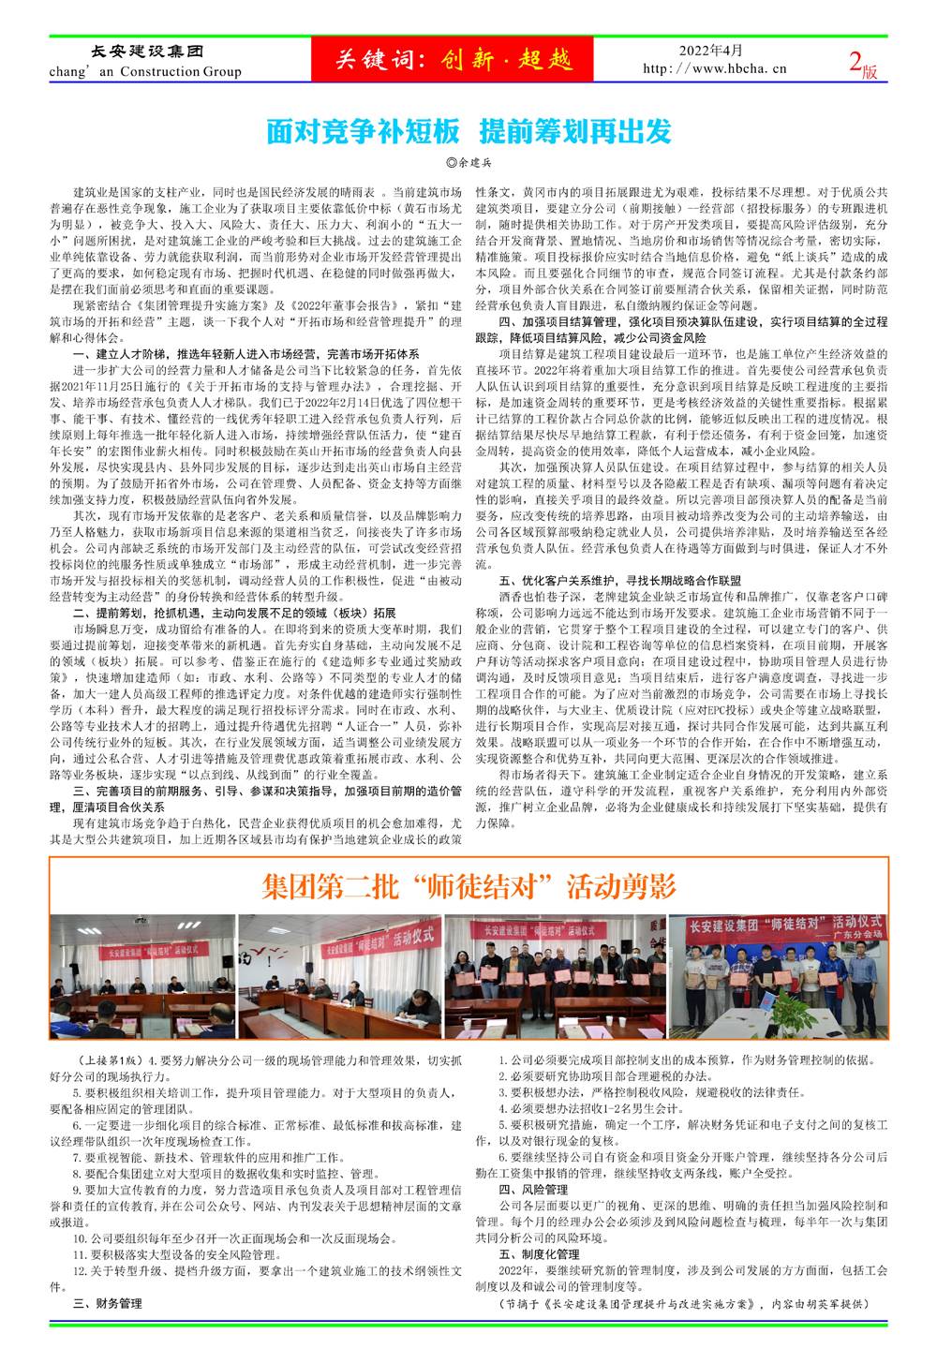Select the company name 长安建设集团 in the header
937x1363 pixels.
(x=138, y=52)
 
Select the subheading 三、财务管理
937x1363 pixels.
(x=107, y=1303)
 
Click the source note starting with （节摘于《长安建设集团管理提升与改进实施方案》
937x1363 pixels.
(x=679, y=1303)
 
